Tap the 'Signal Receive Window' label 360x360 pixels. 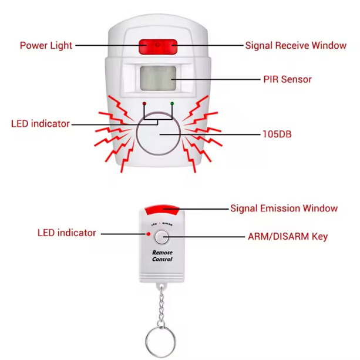coord(295,45)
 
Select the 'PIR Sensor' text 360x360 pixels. coord(287,79)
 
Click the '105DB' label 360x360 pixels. coord(276,134)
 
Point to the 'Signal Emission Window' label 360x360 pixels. coord(284,208)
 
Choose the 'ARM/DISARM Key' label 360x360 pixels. coord(288,237)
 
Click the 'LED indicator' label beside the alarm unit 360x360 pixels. coord(40,124)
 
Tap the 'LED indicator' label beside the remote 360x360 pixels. coord(66,233)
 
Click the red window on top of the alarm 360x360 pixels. coord(157,46)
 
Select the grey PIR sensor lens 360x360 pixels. coord(158,78)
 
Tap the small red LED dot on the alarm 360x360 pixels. coord(144,105)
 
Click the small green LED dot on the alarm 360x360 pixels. coord(171,105)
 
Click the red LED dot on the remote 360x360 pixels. coord(149,235)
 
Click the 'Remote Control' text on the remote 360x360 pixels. coord(162,255)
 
